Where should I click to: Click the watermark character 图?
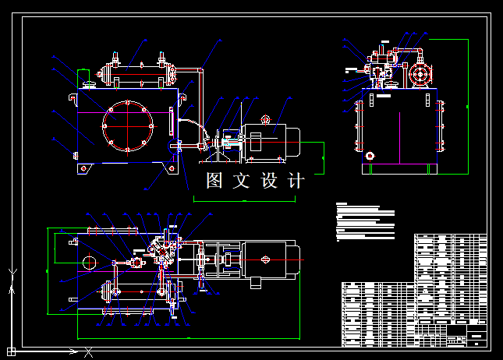click(x=215, y=181)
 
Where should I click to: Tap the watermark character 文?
click(x=242, y=181)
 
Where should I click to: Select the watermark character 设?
click(x=269, y=181)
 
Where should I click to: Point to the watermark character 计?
click(x=296, y=181)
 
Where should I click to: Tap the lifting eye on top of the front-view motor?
click(x=265, y=120)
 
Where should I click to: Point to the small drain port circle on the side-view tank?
click(x=370, y=155)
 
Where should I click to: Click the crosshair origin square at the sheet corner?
click(x=12, y=351)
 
